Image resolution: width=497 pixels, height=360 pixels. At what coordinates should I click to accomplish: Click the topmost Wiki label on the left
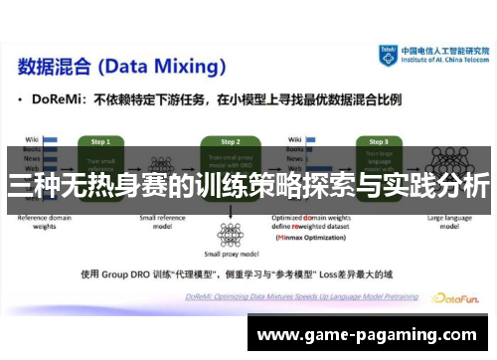coord(31,139)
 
